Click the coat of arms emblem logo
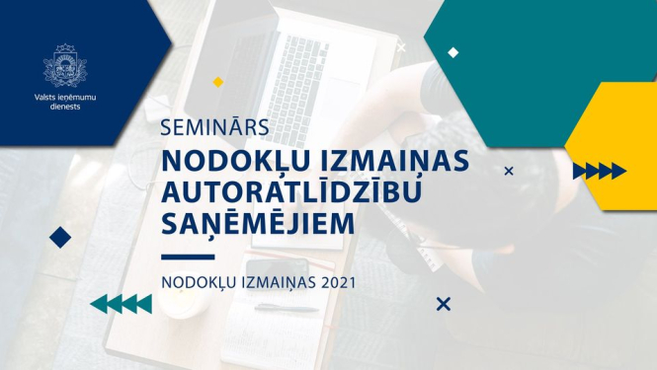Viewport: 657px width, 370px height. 64,65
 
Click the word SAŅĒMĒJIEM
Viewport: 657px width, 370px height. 256,224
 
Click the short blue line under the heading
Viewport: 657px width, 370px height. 187,256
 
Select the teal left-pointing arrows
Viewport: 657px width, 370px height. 121,304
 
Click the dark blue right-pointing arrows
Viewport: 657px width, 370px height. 599,171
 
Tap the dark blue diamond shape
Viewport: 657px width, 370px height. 60,237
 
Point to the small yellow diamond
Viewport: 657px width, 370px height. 218,82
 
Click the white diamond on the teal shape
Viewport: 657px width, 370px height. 452,52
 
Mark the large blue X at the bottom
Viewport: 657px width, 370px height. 444,304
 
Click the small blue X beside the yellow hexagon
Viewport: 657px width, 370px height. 509,171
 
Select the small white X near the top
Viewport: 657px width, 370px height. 401,46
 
